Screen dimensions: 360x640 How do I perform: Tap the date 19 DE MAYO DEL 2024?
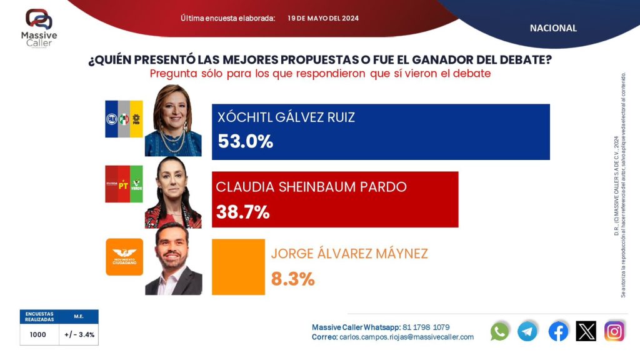tap(323, 18)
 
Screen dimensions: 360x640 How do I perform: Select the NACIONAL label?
tap(553, 28)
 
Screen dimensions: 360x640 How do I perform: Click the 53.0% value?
tap(245, 142)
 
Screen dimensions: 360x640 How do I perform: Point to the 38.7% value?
tap(242, 212)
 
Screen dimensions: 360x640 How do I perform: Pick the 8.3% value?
tap(292, 279)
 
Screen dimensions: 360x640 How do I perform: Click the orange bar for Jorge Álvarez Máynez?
tap(238, 267)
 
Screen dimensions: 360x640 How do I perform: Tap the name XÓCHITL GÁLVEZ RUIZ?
tap(286, 117)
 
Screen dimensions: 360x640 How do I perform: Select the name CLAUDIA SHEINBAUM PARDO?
tap(311, 187)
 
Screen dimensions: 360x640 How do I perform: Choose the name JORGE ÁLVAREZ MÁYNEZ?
tap(349, 254)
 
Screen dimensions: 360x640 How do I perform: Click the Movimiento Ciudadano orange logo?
tap(124, 257)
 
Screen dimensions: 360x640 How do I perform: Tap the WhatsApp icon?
tap(500, 331)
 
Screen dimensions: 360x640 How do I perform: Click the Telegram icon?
tap(527, 331)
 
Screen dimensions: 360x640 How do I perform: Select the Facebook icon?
tap(558, 331)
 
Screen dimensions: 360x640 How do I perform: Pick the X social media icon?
tap(586, 331)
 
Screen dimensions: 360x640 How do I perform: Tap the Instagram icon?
tap(614, 331)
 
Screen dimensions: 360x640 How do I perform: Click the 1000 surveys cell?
tap(38, 334)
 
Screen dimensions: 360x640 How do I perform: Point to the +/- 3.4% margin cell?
tap(79, 334)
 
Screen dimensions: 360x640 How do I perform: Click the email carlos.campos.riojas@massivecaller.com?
tap(406, 337)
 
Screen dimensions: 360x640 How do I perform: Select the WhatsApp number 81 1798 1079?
tap(426, 327)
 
